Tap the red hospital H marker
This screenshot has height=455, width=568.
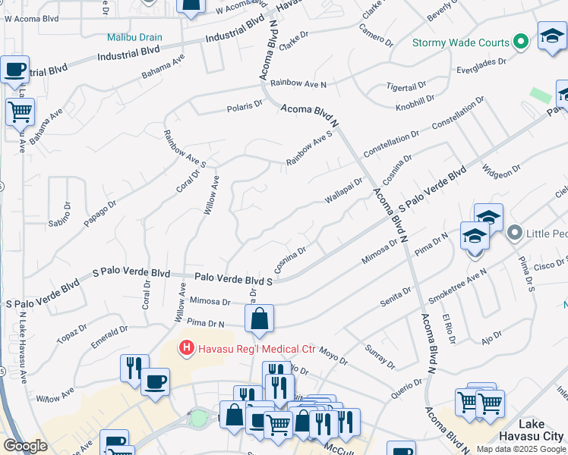(185, 349)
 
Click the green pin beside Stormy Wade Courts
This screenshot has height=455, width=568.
(521, 42)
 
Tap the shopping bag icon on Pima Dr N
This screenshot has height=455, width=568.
(259, 320)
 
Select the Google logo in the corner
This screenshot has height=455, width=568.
(25, 446)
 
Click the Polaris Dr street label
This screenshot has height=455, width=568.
(245, 106)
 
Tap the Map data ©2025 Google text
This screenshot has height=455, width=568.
(521, 449)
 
